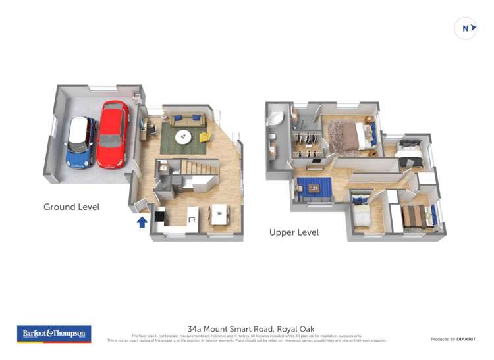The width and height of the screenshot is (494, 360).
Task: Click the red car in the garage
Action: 112,134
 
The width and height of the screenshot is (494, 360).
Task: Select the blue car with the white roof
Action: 81,142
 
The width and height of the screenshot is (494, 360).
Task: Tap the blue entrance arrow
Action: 142,221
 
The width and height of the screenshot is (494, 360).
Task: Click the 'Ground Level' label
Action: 71,207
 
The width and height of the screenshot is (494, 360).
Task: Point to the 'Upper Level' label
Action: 294,232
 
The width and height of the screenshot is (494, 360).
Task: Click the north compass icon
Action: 466,28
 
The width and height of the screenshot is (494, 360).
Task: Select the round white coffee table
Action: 183,136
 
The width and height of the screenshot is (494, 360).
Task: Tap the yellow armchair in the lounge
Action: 205,137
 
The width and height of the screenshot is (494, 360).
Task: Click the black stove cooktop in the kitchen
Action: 159,215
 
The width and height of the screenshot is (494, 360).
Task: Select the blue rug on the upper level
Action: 314,189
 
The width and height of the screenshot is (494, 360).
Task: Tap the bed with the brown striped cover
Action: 416,216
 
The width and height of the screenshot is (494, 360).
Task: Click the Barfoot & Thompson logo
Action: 54,334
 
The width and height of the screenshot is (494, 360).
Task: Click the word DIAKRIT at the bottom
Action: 466,339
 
